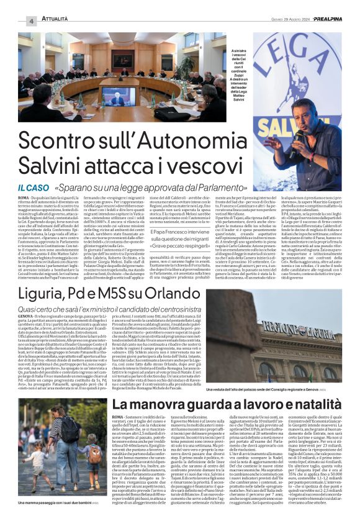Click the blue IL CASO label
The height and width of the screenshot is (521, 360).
click(x=32, y=187)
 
